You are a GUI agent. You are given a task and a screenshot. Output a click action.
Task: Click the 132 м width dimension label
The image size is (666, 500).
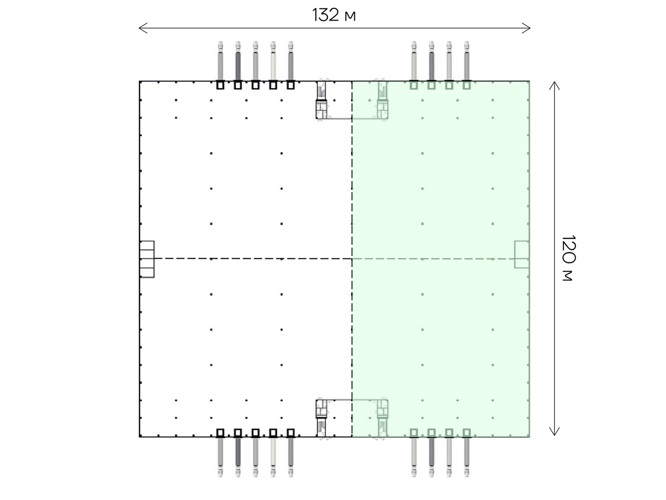click(x=334, y=15)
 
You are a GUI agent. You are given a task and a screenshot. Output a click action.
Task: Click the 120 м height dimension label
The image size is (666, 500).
click(x=569, y=258)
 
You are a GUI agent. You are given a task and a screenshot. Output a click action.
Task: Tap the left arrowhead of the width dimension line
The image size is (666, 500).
click(x=143, y=28)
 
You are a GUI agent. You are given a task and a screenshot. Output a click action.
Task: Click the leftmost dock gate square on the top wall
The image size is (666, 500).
click(x=220, y=85)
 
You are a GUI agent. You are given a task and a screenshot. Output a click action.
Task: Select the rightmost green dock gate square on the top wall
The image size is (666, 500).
click(x=467, y=85)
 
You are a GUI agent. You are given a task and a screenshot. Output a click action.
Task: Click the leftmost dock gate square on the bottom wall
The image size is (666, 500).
click(x=220, y=433)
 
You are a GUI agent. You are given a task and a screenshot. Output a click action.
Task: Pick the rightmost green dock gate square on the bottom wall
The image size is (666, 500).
click(x=467, y=433)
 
